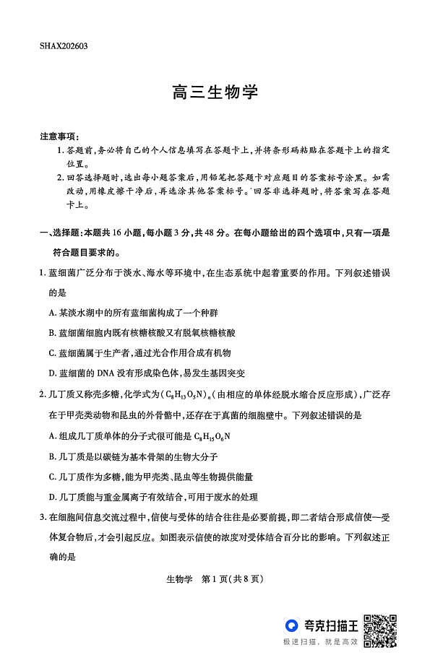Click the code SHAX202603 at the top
click(x=64, y=45)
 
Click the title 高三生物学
click(x=215, y=93)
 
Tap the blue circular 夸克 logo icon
click(x=291, y=625)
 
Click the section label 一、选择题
click(x=60, y=233)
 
